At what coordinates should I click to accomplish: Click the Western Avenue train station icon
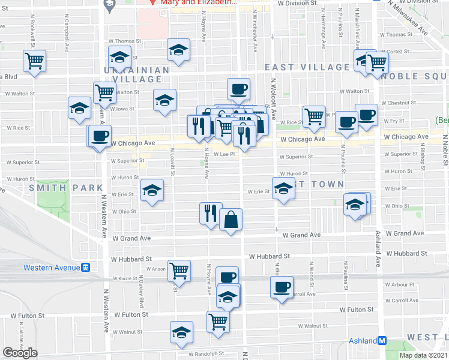(86, 268)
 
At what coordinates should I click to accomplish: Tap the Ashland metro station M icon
(382, 341)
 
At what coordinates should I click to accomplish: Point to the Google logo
(20, 352)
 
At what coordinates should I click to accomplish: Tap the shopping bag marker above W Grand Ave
(231, 220)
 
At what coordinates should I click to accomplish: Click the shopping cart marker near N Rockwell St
(35, 61)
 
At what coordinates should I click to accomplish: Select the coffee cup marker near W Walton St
(238, 89)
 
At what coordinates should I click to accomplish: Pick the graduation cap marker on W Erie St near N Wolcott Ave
(283, 189)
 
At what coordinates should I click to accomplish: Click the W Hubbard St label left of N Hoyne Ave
(131, 259)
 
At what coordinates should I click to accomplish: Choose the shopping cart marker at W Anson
(179, 271)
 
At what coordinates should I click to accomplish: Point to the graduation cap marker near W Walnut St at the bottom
(181, 332)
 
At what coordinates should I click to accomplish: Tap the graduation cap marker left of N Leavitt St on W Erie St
(152, 191)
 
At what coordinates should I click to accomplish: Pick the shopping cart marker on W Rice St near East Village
(314, 116)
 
